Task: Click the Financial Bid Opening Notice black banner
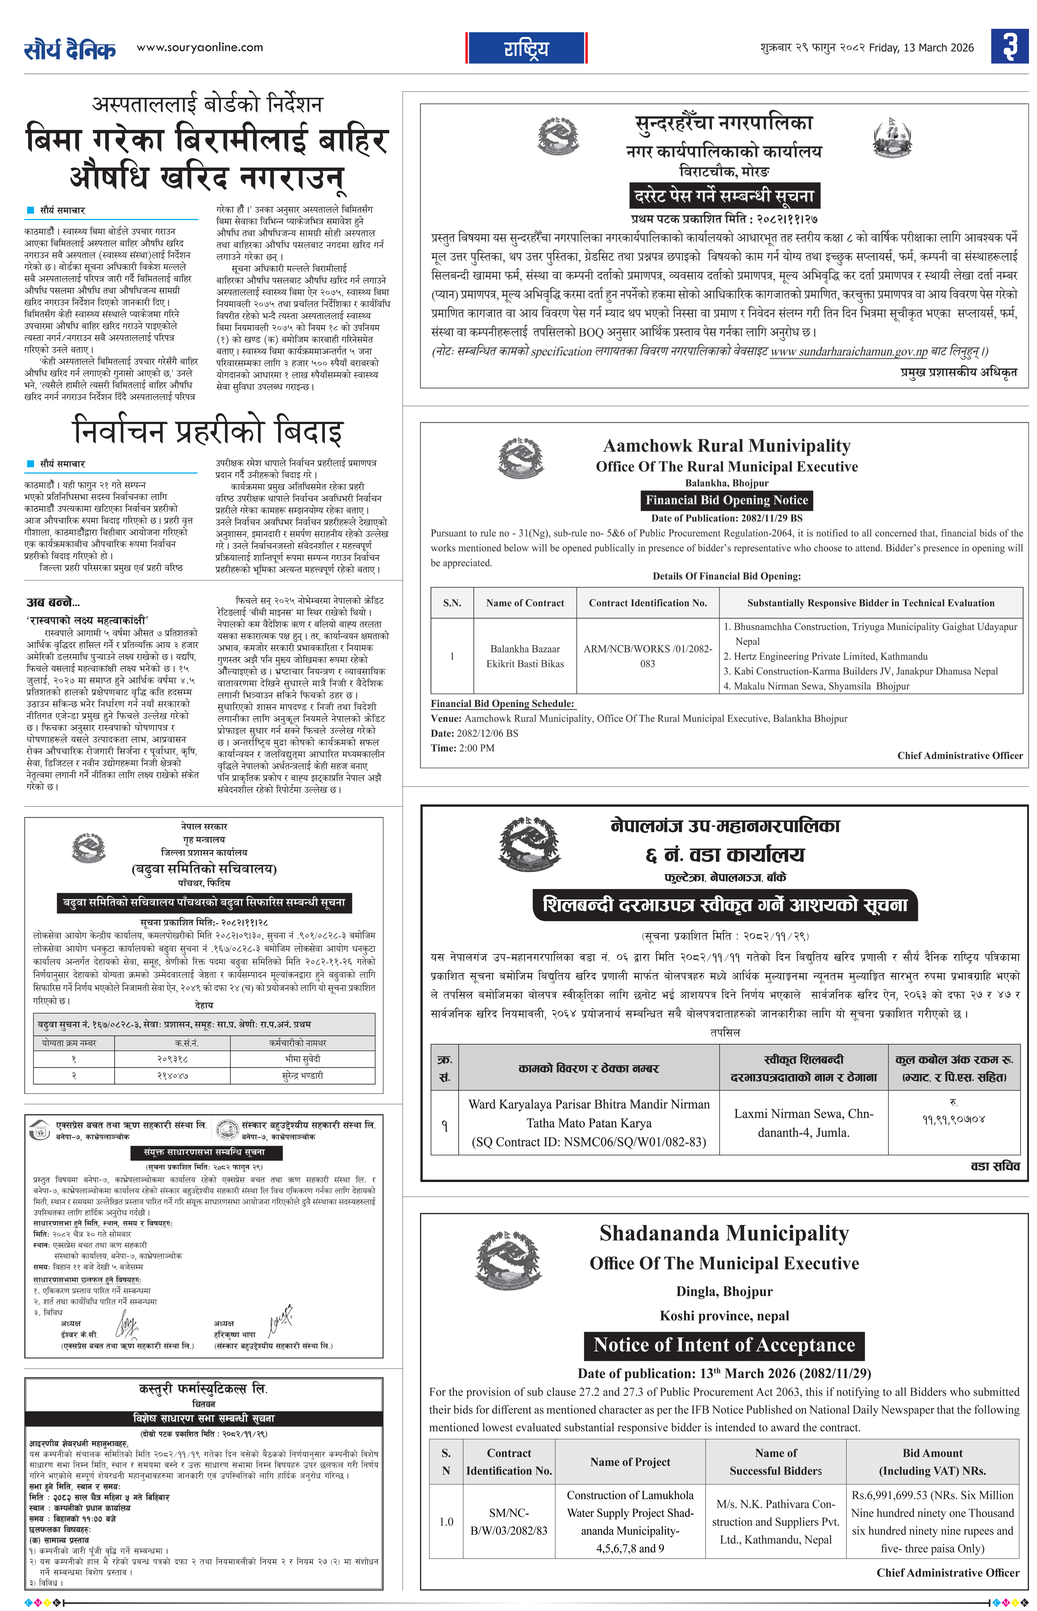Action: tap(727, 500)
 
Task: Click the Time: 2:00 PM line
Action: tap(463, 748)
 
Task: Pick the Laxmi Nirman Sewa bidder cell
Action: tap(803, 1123)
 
